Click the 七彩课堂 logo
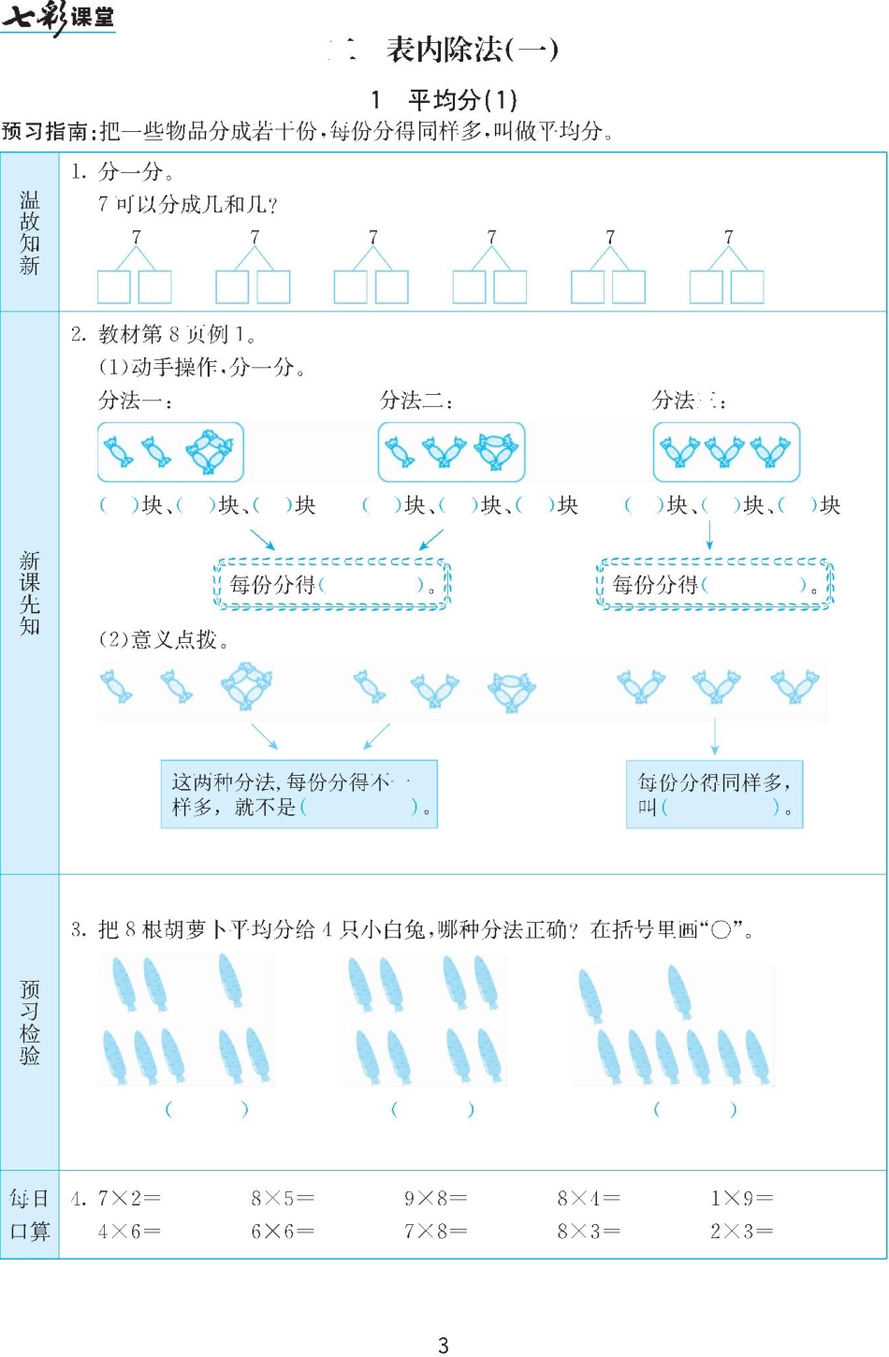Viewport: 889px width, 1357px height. click(58, 18)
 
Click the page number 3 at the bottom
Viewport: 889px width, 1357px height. click(444, 1345)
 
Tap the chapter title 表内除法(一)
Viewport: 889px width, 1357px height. click(472, 50)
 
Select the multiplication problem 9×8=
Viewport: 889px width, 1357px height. click(435, 1198)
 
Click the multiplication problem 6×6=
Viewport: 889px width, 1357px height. click(282, 1232)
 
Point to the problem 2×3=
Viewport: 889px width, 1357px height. click(741, 1232)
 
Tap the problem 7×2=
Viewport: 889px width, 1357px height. click(129, 1198)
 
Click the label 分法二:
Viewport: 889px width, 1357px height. click(416, 401)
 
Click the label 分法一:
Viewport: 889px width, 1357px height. click(136, 401)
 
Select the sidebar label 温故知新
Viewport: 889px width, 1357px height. click(30, 233)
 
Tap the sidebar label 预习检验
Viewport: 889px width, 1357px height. click(30, 1022)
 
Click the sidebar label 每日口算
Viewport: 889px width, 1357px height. click(30, 1215)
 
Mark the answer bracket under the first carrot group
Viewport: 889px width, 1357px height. click(207, 1109)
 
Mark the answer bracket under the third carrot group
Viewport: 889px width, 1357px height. click(694, 1109)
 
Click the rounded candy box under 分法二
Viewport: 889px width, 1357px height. click(451, 452)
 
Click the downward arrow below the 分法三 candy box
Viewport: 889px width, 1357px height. click(709, 534)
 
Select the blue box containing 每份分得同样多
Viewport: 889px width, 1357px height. click(714, 794)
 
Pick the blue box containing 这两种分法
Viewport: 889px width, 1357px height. click(299, 794)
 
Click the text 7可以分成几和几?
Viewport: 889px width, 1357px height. click(187, 204)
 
